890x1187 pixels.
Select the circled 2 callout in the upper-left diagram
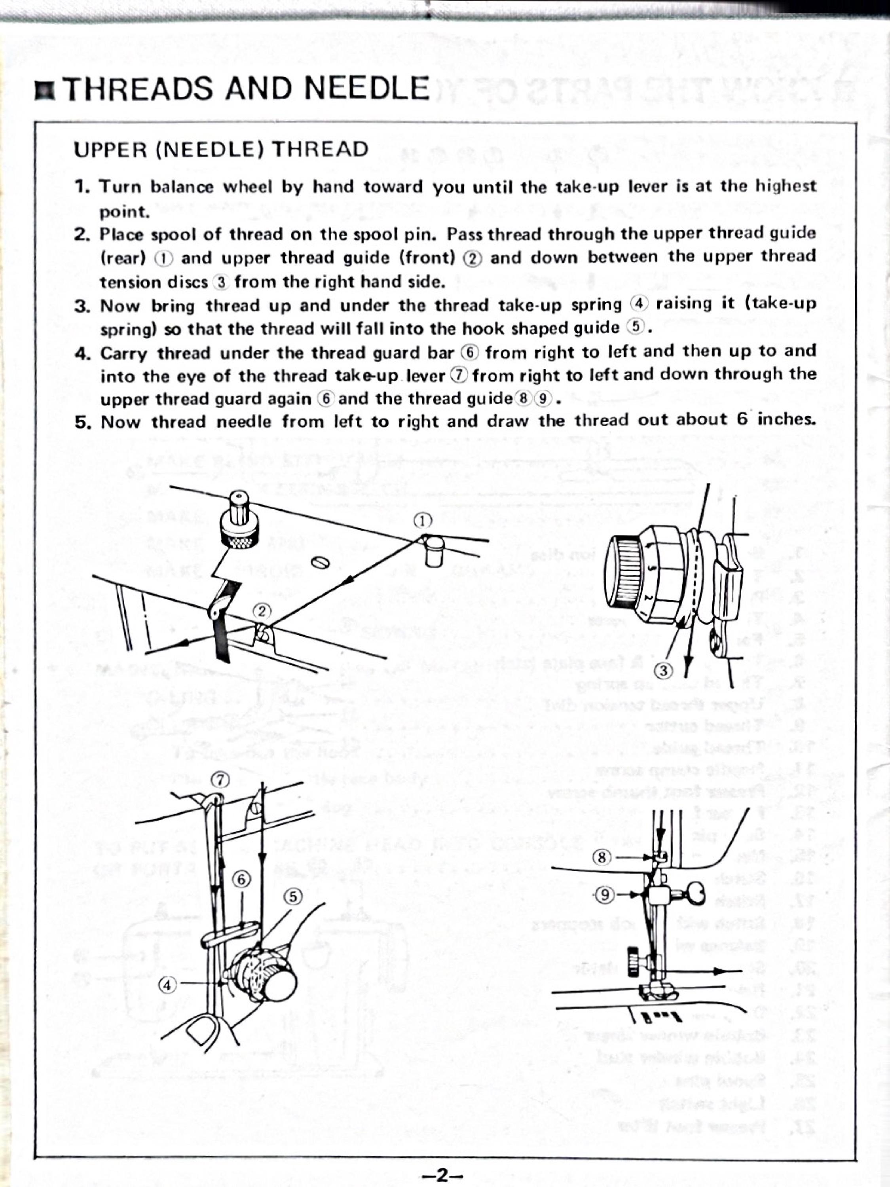point(262,610)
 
